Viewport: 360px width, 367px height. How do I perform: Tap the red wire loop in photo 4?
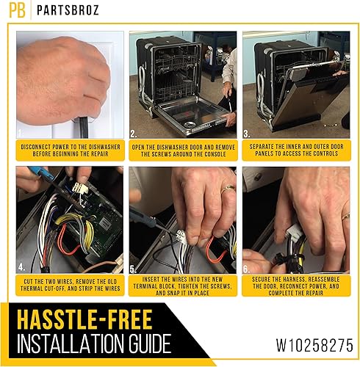click(70, 239)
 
